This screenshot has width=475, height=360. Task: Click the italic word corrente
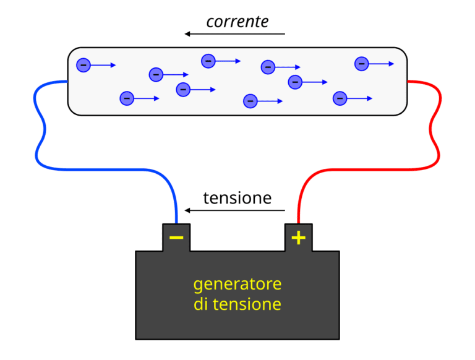(237, 22)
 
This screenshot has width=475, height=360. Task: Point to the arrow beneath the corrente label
(235, 34)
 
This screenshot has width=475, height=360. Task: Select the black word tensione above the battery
(237, 198)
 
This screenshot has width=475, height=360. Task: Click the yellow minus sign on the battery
(176, 238)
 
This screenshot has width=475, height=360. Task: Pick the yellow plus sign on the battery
(299, 238)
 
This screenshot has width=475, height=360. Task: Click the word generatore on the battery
(237, 285)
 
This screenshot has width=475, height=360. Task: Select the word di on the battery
(201, 304)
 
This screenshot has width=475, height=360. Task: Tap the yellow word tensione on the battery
(247, 304)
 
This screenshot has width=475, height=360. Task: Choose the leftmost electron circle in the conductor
(83, 65)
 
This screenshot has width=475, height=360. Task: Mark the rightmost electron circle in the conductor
(361, 63)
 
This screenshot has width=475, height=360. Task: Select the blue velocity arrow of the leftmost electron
(104, 65)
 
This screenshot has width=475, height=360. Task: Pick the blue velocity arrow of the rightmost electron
(382, 63)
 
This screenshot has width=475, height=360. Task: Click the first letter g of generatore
(198, 286)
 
